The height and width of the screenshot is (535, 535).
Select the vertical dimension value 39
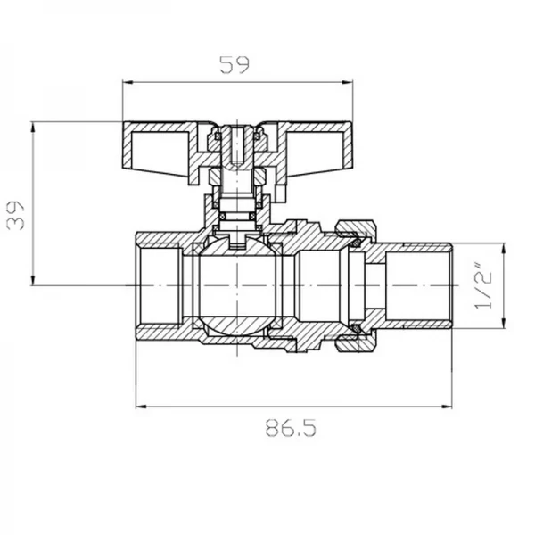pos(16,214)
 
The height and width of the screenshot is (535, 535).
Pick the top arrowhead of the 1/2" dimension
pos(505,246)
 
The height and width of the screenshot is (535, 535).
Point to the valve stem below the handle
pos(237,192)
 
